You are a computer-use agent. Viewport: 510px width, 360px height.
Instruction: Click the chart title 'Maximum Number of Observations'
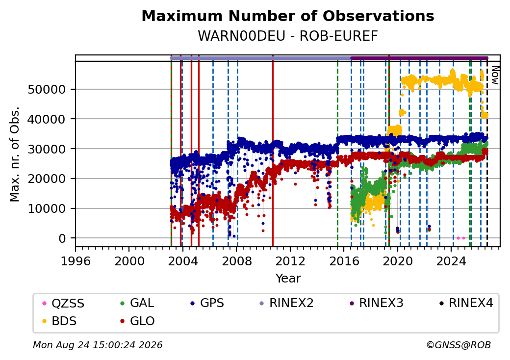click(288, 16)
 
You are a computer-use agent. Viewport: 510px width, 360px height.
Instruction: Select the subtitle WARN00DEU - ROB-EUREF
click(288, 36)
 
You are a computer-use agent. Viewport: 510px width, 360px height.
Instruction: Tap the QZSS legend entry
click(63, 304)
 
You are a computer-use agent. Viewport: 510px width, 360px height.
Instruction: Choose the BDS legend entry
click(59, 321)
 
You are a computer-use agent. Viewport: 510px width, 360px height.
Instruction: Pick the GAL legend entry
click(137, 303)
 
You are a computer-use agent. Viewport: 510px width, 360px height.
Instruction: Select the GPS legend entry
click(207, 303)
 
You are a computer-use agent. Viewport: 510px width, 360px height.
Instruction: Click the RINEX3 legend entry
click(376, 303)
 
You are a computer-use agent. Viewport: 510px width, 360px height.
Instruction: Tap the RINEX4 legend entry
click(466, 303)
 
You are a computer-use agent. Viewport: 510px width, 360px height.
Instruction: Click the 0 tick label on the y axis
click(62, 239)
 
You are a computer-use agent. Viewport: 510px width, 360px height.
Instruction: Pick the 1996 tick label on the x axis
click(76, 261)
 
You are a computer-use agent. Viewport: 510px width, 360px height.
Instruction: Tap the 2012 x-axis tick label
click(290, 261)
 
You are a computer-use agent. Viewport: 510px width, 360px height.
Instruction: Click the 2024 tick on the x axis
click(451, 261)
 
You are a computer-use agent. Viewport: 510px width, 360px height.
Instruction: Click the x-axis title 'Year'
click(288, 279)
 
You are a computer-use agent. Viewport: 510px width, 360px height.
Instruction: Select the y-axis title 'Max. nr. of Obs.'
click(15, 154)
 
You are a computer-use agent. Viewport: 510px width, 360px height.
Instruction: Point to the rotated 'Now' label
click(495, 75)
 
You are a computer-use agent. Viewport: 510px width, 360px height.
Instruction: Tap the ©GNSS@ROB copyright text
click(459, 345)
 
